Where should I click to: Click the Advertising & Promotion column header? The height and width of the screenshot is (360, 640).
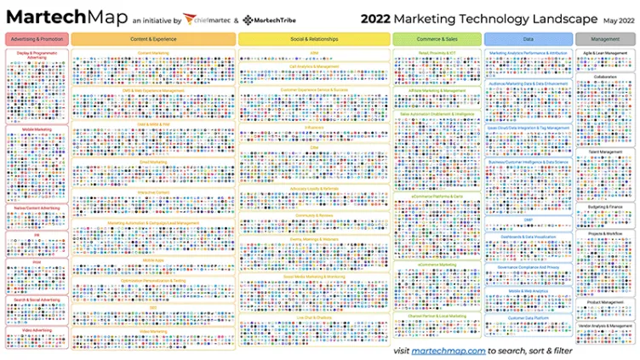pyautogui.click(x=37, y=39)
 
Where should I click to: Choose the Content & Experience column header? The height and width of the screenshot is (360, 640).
pyautogui.click(x=153, y=39)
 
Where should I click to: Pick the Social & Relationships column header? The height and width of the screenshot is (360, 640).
pyautogui.click(x=313, y=39)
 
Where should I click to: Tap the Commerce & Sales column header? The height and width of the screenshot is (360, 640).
pyautogui.click(x=437, y=39)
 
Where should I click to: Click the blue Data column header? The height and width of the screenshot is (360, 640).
pyautogui.click(x=529, y=39)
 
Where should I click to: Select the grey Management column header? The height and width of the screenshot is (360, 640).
pyautogui.click(x=605, y=39)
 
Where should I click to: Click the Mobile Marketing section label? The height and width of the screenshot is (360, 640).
pyautogui.click(x=37, y=130)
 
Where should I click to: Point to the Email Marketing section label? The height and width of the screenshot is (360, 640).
pyautogui.click(x=153, y=161)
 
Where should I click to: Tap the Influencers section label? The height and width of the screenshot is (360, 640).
pyautogui.click(x=314, y=129)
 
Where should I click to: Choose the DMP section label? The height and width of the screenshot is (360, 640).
pyautogui.click(x=529, y=219)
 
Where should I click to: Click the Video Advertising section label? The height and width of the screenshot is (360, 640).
pyautogui.click(x=37, y=330)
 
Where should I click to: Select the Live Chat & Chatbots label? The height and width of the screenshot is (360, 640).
pyautogui.click(x=314, y=317)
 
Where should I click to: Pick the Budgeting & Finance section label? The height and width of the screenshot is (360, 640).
pyautogui.click(x=605, y=206)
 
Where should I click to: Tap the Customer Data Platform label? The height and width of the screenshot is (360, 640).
pyautogui.click(x=529, y=318)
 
